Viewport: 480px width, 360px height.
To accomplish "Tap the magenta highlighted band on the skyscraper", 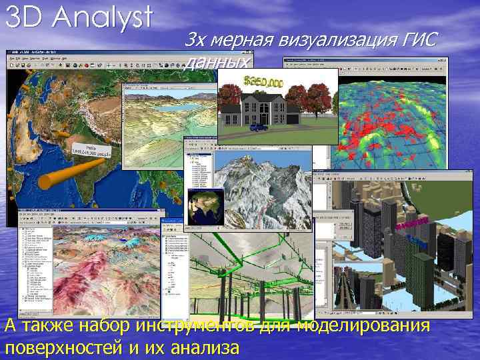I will (411, 224).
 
